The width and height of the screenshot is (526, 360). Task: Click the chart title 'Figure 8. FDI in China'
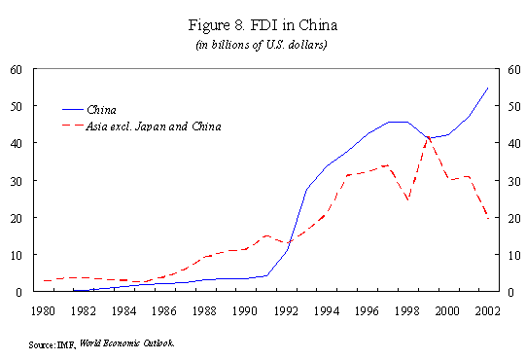pos(263,25)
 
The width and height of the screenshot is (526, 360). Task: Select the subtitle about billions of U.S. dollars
pos(262,45)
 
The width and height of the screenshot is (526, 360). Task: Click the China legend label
pos(101,110)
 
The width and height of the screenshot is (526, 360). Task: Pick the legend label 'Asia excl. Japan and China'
pos(154,126)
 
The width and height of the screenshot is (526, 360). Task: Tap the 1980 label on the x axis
pos(43,311)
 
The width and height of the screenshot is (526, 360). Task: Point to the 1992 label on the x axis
pos(286,311)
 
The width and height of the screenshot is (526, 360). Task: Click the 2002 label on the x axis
pos(487,311)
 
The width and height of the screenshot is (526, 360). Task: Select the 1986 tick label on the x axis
pos(163,311)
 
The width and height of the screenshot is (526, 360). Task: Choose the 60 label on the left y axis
pos(17,70)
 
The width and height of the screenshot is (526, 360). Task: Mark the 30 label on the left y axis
pos(17,181)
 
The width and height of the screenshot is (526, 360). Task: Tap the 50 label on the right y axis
pos(514,107)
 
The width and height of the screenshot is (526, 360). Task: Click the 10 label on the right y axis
pos(514,256)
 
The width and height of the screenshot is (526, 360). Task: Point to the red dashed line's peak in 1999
pos(428,137)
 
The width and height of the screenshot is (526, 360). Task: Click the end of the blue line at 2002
pos(488,88)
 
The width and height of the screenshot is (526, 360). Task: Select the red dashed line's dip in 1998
pos(408,199)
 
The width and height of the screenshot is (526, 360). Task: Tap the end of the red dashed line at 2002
pos(488,219)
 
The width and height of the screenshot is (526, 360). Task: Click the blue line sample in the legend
pos(73,110)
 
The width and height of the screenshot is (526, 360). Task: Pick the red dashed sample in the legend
pos(73,126)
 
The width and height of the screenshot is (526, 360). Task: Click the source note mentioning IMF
pos(101,343)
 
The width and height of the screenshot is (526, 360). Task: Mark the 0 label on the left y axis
pos(18,292)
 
